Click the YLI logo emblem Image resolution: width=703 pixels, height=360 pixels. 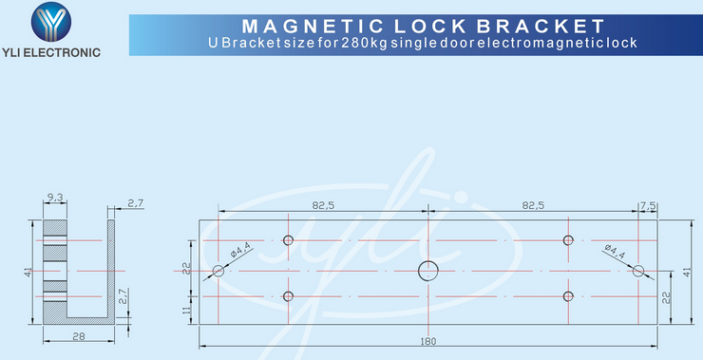point(51,22)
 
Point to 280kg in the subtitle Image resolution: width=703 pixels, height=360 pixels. point(380,44)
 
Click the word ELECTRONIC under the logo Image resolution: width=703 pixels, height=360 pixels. point(70,52)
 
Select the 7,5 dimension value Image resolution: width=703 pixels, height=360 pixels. point(648,205)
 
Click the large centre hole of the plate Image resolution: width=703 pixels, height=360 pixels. point(429,271)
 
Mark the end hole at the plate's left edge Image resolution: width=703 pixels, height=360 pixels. point(218,271)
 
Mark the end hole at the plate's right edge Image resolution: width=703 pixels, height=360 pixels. point(638,271)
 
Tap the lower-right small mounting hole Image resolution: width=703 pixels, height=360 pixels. point(568,296)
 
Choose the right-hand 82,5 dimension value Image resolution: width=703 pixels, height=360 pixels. point(533,205)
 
